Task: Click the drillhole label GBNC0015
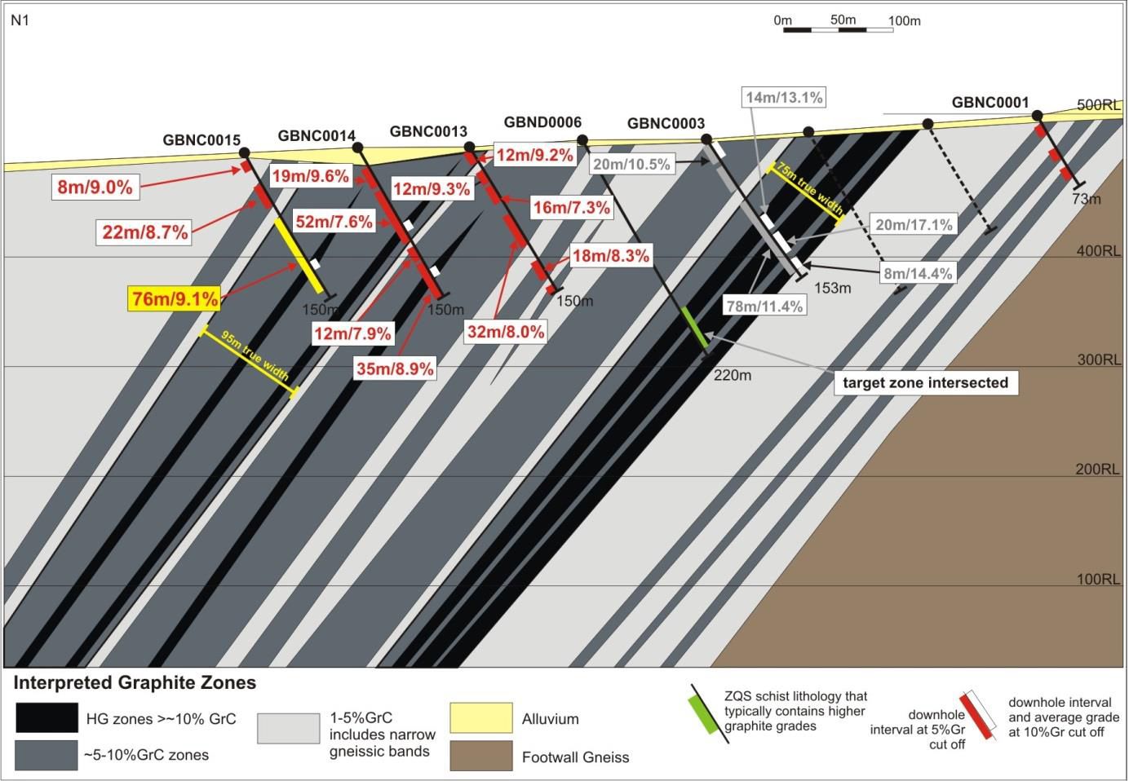click(x=201, y=139)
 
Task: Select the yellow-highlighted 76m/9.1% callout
click(x=175, y=299)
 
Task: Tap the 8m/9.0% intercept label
click(x=95, y=188)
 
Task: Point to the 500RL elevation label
click(x=1099, y=104)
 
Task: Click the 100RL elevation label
click(x=1099, y=579)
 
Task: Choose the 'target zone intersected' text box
click(x=925, y=382)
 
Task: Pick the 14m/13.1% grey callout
click(x=784, y=98)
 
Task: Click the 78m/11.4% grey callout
click(x=764, y=306)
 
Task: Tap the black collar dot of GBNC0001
click(x=1037, y=115)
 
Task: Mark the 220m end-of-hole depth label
click(x=732, y=375)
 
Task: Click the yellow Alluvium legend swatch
click(x=481, y=718)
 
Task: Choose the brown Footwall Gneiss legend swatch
click(x=481, y=756)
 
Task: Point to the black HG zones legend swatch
click(x=47, y=718)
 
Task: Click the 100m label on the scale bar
click(x=904, y=20)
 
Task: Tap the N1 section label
click(x=20, y=20)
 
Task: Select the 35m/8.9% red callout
click(x=395, y=368)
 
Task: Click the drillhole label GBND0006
click(x=542, y=122)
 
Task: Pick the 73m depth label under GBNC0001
click(x=1086, y=199)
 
